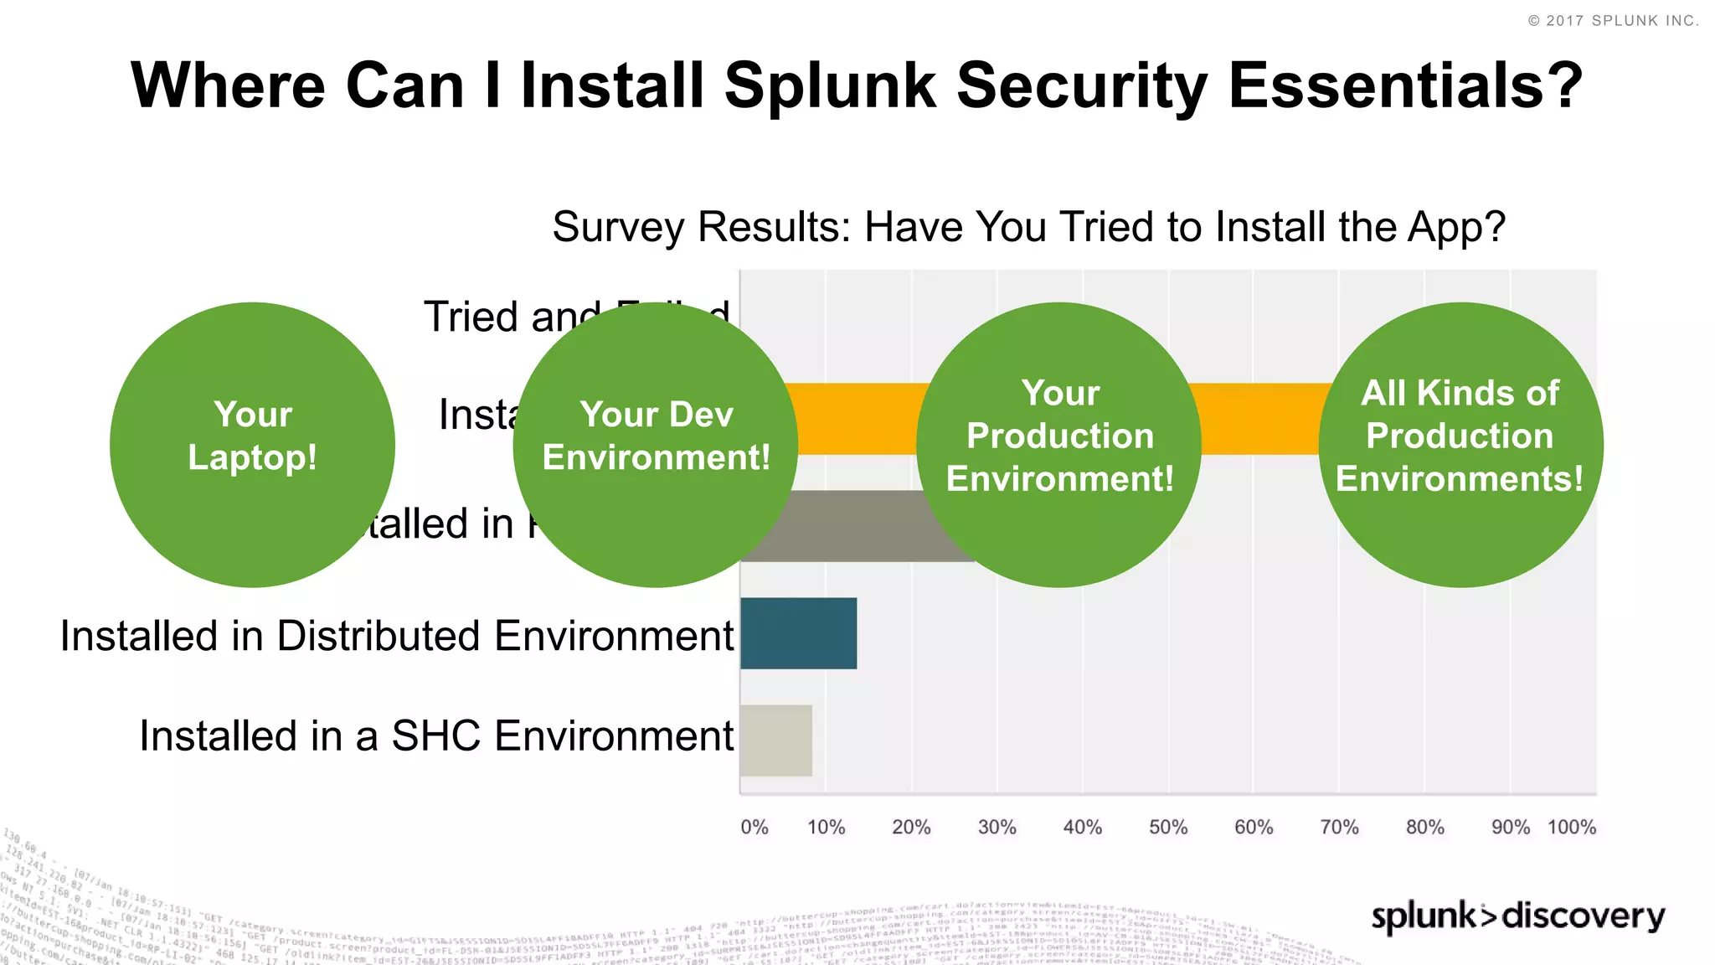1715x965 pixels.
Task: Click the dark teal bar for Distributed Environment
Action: pyautogui.click(x=798, y=633)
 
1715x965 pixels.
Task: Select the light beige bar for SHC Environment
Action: pyautogui.click(x=776, y=741)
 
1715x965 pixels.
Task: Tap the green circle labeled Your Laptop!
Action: pyautogui.click(x=252, y=444)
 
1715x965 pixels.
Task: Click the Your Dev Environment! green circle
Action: pyautogui.click(x=656, y=444)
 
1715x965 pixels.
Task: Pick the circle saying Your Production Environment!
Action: pyautogui.click(x=1059, y=444)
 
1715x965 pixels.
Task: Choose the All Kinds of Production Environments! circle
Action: pyautogui.click(x=1460, y=444)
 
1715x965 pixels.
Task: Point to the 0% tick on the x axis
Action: pyautogui.click(x=754, y=828)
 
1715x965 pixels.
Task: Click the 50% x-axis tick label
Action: pyautogui.click(x=1168, y=828)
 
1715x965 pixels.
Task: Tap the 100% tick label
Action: pyautogui.click(x=1572, y=828)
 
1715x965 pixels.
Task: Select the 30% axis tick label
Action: pyautogui.click(x=997, y=828)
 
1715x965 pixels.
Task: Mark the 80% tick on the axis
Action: pyautogui.click(x=1424, y=828)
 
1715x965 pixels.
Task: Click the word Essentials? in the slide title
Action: pyautogui.click(x=1405, y=85)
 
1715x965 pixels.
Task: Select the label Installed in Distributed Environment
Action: pyautogui.click(x=397, y=636)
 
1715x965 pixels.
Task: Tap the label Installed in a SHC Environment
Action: pyautogui.click(x=436, y=736)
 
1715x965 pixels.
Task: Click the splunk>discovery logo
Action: pyautogui.click(x=1517, y=916)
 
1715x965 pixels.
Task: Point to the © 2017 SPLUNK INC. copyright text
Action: pyautogui.click(x=1613, y=21)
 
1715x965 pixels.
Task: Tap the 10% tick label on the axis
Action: pyautogui.click(x=826, y=828)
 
